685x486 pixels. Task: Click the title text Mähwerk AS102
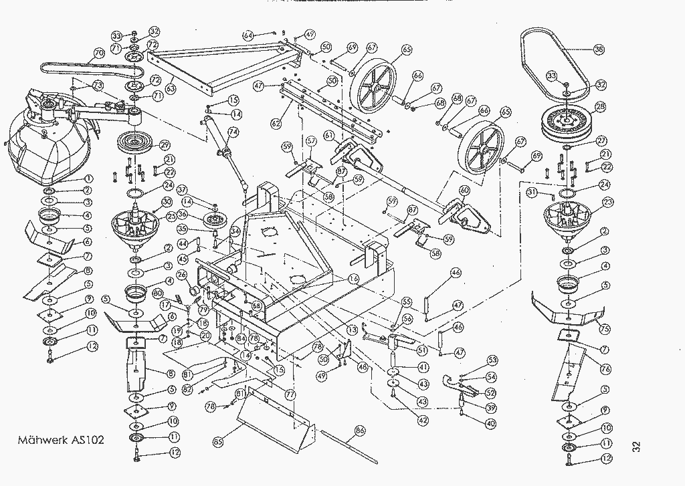point(61,441)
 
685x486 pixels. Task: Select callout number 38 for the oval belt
point(599,49)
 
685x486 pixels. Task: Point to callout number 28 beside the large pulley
point(600,106)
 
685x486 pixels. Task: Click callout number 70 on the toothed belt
point(98,52)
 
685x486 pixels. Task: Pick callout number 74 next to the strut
point(233,132)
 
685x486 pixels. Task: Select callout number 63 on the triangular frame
point(171,88)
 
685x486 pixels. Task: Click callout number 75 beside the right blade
point(604,329)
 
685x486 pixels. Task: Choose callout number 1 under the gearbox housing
point(88,179)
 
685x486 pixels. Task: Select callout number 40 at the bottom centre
point(492,423)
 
